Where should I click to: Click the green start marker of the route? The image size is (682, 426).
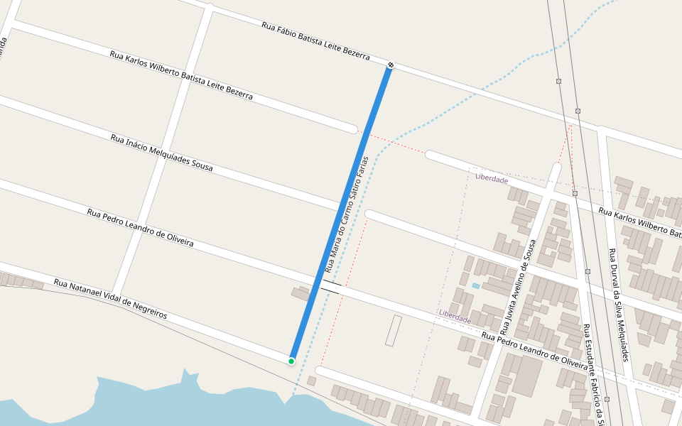pyautogui.click(x=291, y=361)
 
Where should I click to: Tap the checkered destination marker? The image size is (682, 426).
pyautogui.click(x=391, y=66)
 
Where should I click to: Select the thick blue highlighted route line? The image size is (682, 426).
pyautogui.click(x=341, y=213)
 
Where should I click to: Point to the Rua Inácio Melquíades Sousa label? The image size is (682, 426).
pyautogui.click(x=161, y=153)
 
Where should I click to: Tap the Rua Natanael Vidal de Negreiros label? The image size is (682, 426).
pyautogui.click(x=110, y=298)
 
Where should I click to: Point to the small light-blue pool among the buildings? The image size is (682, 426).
pyautogui.click(x=475, y=285)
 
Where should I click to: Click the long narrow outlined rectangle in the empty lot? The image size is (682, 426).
pyautogui.click(x=394, y=331)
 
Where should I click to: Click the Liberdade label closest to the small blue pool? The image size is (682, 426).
pyautogui.click(x=455, y=316)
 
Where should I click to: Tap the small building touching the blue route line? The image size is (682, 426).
pyautogui.click(x=300, y=293)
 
